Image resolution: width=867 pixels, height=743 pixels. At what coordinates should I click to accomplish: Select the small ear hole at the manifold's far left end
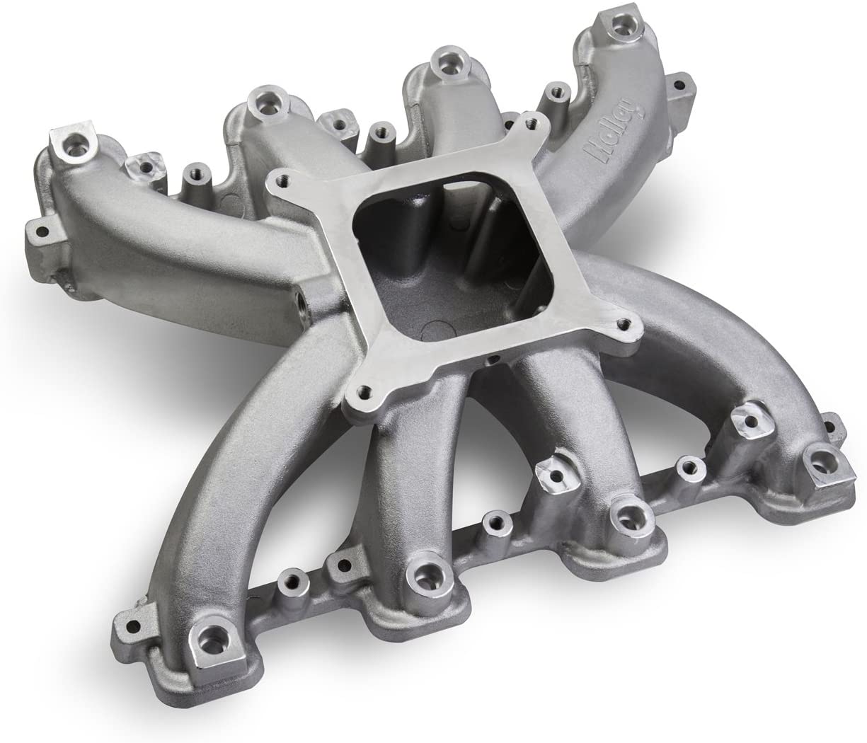tap(34, 229)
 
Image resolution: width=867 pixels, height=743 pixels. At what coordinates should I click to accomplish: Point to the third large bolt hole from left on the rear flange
tap(447, 63)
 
